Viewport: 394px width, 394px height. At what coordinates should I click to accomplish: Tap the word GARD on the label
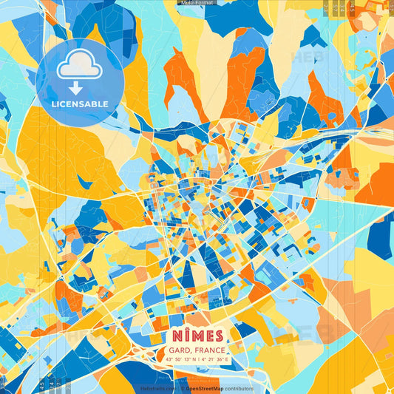click(x=178, y=349)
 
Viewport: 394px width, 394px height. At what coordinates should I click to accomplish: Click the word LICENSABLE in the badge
click(x=80, y=103)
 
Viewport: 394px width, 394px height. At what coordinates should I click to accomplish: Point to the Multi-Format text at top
click(x=197, y=3)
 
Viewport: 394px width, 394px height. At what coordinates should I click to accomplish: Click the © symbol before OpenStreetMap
click(x=182, y=388)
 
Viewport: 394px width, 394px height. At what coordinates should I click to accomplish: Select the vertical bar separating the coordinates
click(x=196, y=359)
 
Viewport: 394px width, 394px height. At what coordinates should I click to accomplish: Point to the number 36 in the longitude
click(x=221, y=359)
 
